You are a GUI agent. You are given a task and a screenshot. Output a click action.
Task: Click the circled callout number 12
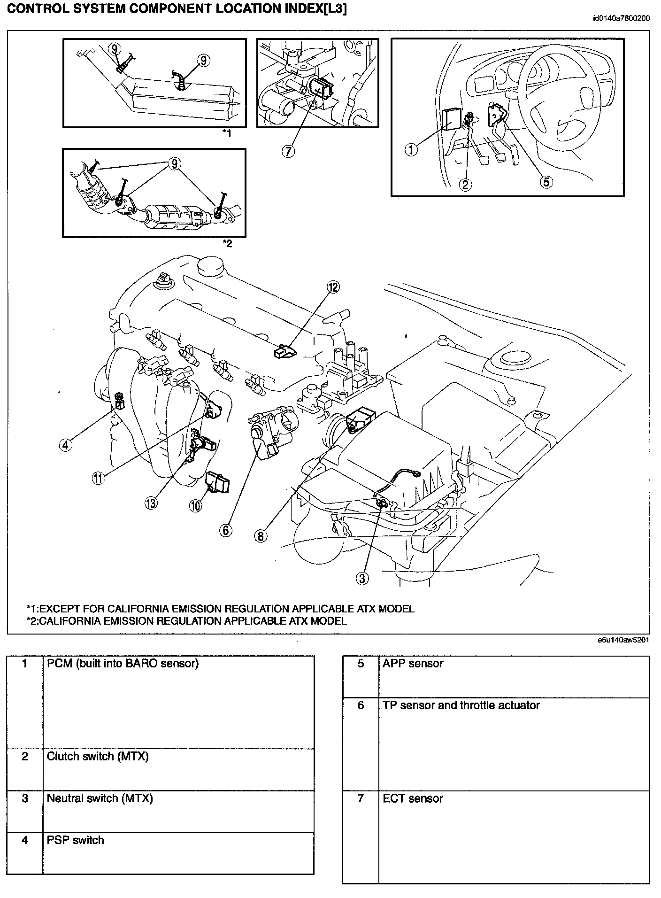pos(333,287)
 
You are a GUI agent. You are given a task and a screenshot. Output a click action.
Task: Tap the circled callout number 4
pos(66,444)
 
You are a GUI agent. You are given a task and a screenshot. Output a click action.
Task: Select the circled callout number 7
pos(288,150)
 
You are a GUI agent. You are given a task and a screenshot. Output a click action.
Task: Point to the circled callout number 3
pos(361,579)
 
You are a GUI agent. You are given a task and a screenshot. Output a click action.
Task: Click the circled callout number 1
pos(411,149)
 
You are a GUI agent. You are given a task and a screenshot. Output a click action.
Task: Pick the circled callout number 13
pos(151,503)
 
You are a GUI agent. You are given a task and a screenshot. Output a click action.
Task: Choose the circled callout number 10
pos(195,505)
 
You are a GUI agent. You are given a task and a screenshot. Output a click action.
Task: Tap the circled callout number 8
pos(261,535)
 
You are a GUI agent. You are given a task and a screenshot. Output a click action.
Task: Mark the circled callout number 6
pos(225,530)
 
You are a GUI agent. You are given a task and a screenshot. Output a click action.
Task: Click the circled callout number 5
pos(546,182)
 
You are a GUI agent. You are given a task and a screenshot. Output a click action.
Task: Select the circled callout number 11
pos(98,478)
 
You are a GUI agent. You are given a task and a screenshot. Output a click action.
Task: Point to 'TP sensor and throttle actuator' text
pos(461,705)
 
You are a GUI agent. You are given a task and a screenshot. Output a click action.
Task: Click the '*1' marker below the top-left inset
pos(227,133)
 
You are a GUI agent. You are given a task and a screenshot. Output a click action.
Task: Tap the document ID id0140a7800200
pos(621,19)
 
